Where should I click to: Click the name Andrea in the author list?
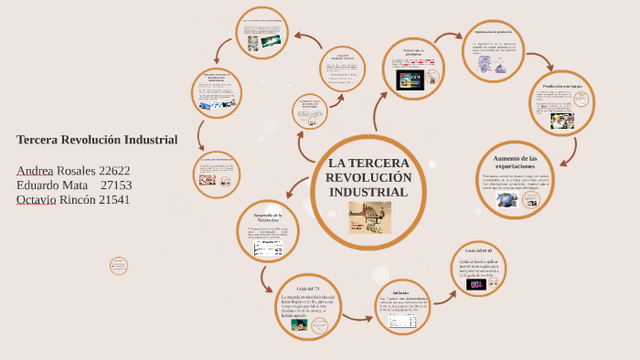[x=35, y=171]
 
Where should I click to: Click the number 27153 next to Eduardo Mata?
[x=116, y=185]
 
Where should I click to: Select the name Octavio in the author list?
[x=36, y=199]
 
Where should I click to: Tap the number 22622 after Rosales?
[x=114, y=171]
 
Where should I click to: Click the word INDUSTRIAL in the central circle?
[x=368, y=193]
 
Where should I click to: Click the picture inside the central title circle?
[x=369, y=217]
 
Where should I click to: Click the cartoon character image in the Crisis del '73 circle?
[x=286, y=323]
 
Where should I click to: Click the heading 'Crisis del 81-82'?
[x=478, y=250]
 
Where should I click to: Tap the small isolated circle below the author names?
[x=119, y=266]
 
